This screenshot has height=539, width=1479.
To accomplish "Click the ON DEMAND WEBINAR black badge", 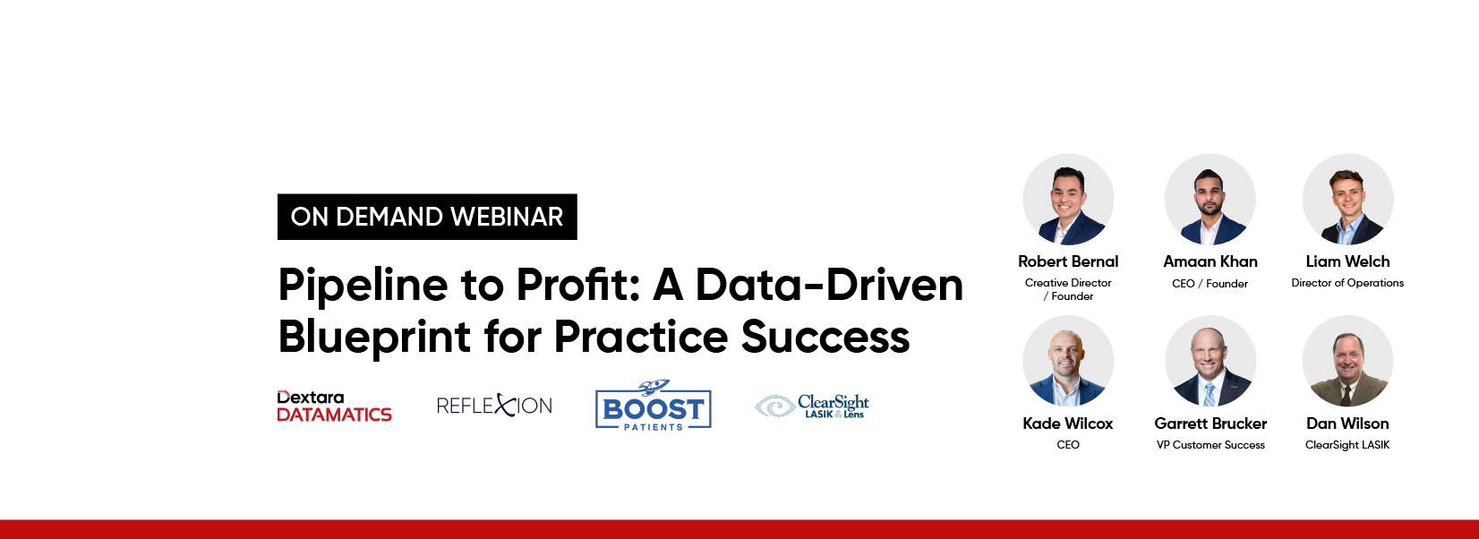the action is pyautogui.click(x=427, y=217).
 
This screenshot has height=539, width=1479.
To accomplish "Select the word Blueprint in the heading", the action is pyautogui.click(x=373, y=338).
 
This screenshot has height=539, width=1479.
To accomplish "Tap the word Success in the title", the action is pyautogui.click(x=825, y=337).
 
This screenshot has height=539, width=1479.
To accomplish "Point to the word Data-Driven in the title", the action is pyautogui.click(x=829, y=285).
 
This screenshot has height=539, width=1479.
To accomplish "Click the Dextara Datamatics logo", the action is pyautogui.click(x=334, y=406).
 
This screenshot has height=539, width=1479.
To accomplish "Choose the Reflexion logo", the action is pyautogui.click(x=494, y=405).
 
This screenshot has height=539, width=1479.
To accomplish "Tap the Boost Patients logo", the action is pyautogui.click(x=653, y=405).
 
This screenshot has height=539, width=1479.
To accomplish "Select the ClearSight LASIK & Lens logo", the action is pyautogui.click(x=812, y=406).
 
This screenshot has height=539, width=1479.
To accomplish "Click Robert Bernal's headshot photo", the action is pyautogui.click(x=1068, y=200).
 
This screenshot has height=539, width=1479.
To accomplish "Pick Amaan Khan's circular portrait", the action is pyautogui.click(x=1210, y=200).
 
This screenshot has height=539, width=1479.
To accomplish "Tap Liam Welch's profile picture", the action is pyautogui.click(x=1347, y=200).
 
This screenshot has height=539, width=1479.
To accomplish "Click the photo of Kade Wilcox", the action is pyautogui.click(x=1068, y=361).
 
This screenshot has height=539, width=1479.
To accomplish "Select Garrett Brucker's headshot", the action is pyautogui.click(x=1210, y=361).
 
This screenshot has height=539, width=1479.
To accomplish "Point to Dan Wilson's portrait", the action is pyautogui.click(x=1347, y=361).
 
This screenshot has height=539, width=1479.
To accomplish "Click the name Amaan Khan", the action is pyautogui.click(x=1210, y=261).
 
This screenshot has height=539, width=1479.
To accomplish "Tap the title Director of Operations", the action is pyautogui.click(x=1347, y=283).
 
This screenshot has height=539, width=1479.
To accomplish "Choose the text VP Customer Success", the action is pyautogui.click(x=1210, y=445).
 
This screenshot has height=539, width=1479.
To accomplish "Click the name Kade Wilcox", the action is pyautogui.click(x=1068, y=423).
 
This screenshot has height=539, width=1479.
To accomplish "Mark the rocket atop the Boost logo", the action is pyautogui.click(x=654, y=387).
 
